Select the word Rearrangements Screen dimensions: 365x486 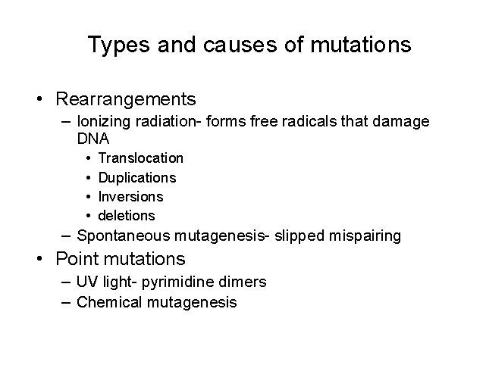[x=126, y=99]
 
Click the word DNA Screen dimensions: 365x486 [x=93, y=139]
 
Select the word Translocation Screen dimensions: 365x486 [x=141, y=158]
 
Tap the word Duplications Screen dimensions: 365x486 [x=137, y=178]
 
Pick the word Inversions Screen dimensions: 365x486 [x=131, y=197]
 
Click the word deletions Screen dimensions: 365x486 [x=127, y=216]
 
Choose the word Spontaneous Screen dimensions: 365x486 [x=125, y=236]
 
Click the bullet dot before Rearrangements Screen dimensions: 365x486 [x=37, y=100]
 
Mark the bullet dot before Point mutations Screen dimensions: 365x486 [x=37, y=260]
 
